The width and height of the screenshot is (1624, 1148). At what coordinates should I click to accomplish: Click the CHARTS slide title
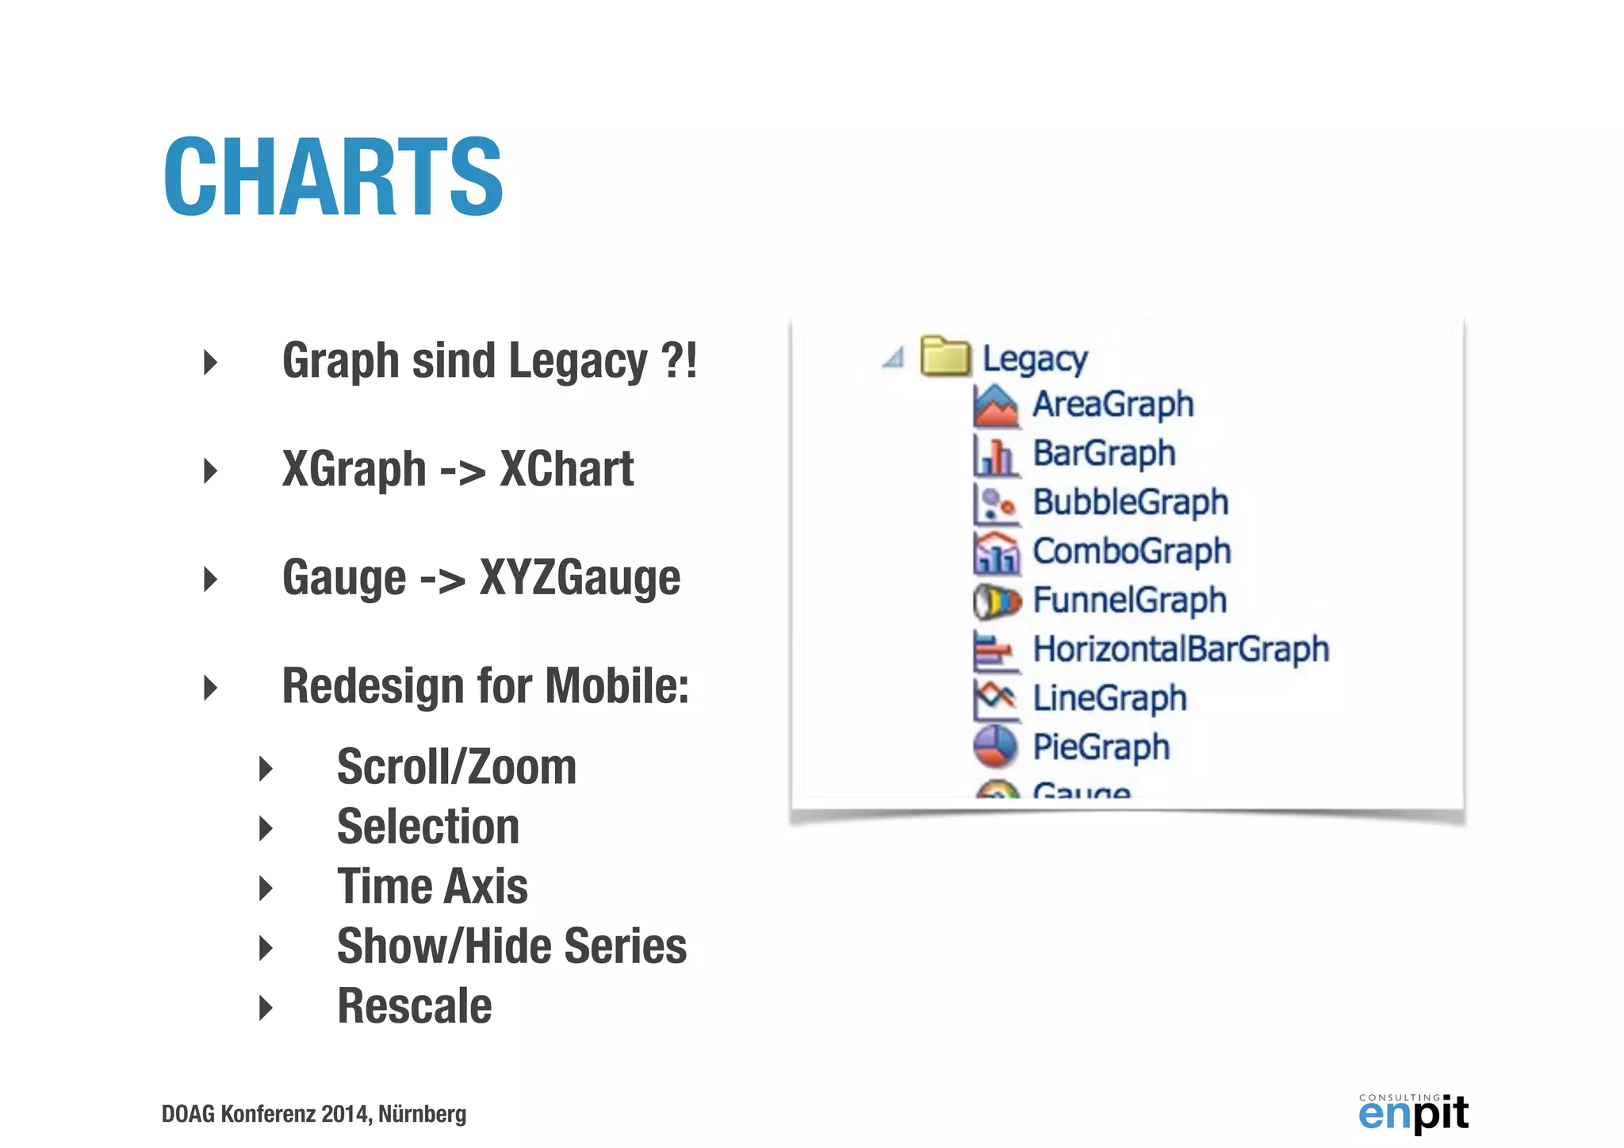333,176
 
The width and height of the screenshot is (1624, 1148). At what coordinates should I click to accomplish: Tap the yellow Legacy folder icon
944,356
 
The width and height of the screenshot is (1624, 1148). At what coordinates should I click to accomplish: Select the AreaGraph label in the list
1113,405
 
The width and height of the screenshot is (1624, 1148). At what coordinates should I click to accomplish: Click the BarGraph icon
995,455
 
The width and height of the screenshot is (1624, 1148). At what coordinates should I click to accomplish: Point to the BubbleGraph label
1130,502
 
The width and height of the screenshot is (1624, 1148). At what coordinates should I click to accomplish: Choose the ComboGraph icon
996,552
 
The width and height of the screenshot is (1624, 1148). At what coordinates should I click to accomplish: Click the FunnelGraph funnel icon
996,601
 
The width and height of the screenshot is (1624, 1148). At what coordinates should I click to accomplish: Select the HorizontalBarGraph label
1181,649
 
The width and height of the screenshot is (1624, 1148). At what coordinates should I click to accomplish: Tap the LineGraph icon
995,698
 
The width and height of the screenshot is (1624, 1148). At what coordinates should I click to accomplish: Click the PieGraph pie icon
995,747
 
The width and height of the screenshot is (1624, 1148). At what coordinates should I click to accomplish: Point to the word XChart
566,469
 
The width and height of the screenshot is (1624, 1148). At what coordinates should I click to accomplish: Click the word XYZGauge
580,578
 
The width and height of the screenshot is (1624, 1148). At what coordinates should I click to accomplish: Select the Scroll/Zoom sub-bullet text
457,767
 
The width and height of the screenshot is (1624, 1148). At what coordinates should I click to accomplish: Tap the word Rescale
415,1006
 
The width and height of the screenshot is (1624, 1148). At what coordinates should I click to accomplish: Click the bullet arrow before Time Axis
266,888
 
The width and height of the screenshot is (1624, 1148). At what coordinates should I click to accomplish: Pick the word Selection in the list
428,827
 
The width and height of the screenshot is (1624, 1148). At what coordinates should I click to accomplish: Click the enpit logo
1413,1112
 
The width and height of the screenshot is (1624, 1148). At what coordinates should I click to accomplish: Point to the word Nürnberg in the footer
422,1114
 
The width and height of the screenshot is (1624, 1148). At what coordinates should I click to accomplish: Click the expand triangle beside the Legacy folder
894,358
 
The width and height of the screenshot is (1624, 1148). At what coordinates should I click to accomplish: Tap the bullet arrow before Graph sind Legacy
210,362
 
